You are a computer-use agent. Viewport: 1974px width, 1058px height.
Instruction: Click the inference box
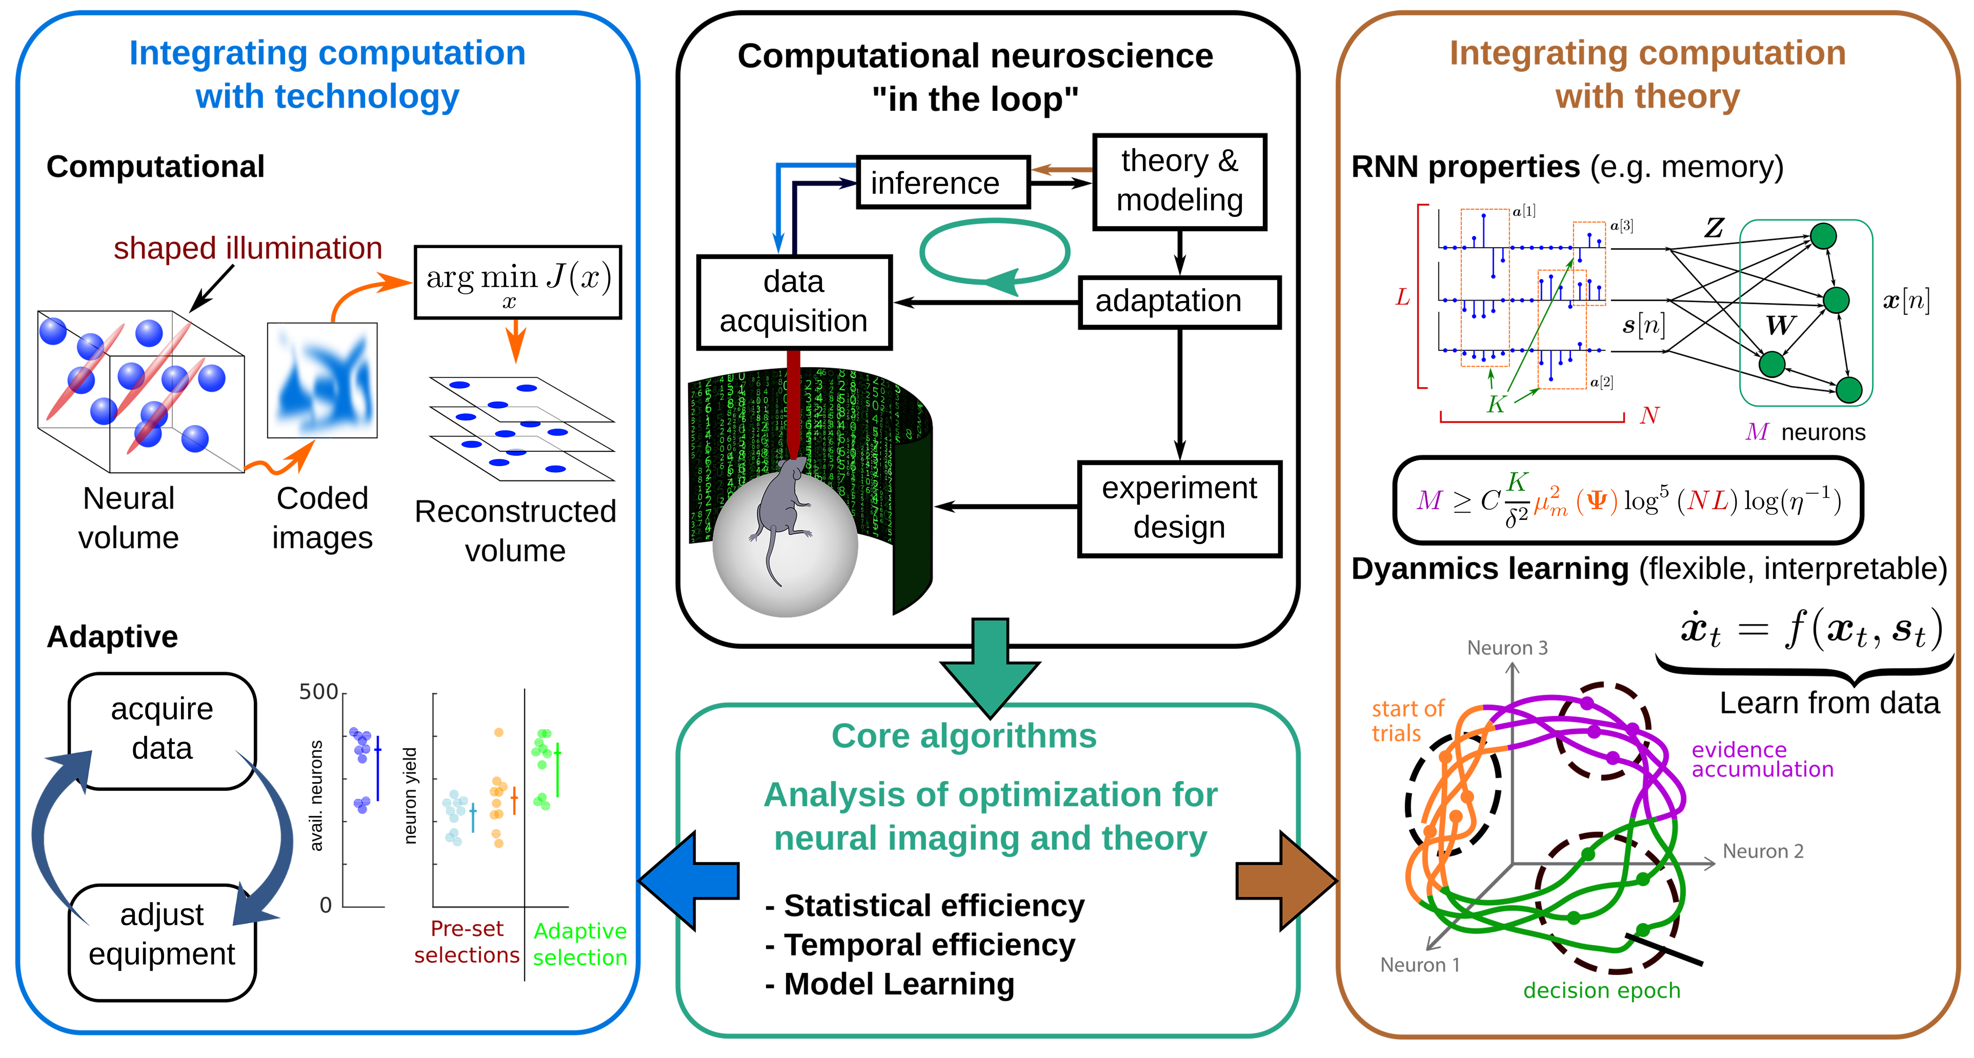(942, 182)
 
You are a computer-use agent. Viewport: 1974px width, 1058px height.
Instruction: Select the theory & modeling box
(1179, 182)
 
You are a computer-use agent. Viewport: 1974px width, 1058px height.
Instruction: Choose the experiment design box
(1179, 508)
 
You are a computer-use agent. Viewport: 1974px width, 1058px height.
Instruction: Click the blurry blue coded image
(322, 380)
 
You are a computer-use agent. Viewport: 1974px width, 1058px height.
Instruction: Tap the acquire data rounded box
(162, 731)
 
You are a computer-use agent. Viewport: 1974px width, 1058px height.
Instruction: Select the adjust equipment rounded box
(162, 942)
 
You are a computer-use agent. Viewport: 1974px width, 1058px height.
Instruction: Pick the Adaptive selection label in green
(580, 944)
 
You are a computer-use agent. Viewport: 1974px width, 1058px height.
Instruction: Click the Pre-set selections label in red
(467, 941)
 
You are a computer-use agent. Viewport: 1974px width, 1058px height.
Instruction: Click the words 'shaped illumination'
(247, 248)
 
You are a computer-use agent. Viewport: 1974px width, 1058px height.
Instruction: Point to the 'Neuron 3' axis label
(1507, 648)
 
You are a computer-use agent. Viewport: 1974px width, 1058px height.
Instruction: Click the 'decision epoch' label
(1602, 991)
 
